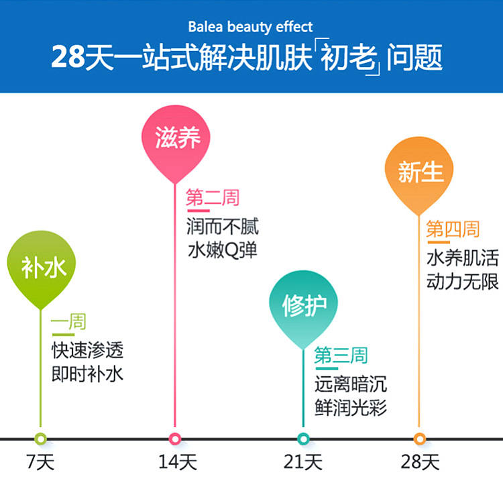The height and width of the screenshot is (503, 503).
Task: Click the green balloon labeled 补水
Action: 41,268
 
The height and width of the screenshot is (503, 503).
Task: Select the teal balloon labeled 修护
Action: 303,306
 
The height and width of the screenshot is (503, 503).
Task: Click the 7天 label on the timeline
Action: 40,463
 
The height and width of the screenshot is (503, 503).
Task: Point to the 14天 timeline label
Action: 176,463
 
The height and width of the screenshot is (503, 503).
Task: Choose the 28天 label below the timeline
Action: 421,463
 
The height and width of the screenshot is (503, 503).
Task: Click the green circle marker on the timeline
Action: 41,439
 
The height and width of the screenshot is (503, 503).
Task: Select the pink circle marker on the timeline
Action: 176,439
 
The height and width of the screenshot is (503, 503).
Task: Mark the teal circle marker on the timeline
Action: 303,439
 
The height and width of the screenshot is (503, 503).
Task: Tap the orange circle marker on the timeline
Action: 420,439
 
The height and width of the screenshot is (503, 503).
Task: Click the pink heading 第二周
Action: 213,198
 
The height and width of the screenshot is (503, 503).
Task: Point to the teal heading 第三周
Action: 341,355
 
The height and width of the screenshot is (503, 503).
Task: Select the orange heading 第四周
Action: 453,230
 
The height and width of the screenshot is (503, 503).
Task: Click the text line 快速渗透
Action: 88,349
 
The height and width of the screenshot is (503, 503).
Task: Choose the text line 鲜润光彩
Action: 351,407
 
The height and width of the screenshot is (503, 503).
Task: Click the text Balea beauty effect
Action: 250,27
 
